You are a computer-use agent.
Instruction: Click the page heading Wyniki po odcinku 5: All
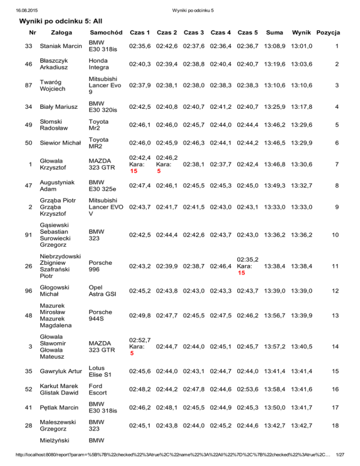click(x=60, y=21)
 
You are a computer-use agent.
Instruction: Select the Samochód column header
click(x=106, y=33)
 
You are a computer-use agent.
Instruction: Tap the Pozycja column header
click(x=329, y=33)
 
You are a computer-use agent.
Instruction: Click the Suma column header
click(x=274, y=33)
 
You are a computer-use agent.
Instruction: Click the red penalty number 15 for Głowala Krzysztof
click(x=134, y=172)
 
